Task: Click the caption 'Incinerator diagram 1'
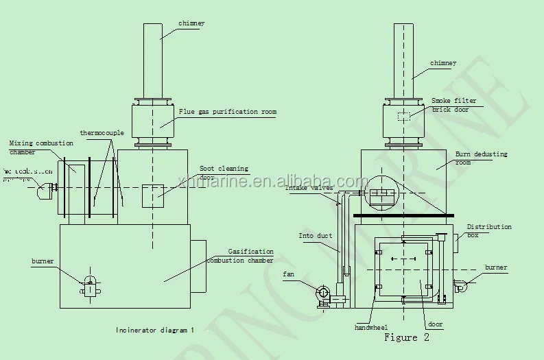pyautogui.click(x=154, y=330)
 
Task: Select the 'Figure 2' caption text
pyautogui.click(x=406, y=337)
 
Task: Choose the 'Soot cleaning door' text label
pyautogui.click(x=224, y=172)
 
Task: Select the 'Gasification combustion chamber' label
pyautogui.click(x=250, y=256)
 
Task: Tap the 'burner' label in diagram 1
pyautogui.click(x=42, y=261)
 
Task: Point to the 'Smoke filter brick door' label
pyautogui.click(x=453, y=104)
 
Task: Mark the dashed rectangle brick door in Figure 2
pyautogui.click(x=404, y=117)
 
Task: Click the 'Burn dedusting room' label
pyautogui.click(x=481, y=158)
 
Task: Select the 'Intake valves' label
pyautogui.click(x=309, y=187)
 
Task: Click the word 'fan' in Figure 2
pyautogui.click(x=288, y=274)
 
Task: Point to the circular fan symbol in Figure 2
pyautogui.click(x=322, y=293)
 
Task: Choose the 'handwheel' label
pyautogui.click(x=371, y=328)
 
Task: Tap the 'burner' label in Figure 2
pyautogui.click(x=496, y=267)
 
